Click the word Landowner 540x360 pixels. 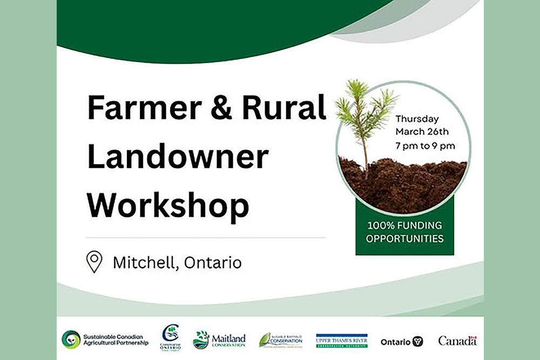[x=178, y=157]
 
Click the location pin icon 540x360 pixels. [x=94, y=262]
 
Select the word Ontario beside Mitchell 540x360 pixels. [x=213, y=263]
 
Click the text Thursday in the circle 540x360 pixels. [x=417, y=119]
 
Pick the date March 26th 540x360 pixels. [x=422, y=132]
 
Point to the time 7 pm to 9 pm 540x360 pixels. [x=425, y=145]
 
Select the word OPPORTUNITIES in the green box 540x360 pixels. [x=404, y=238]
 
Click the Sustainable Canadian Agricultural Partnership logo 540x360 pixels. [x=105, y=339]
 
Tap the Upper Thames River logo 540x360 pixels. [x=342, y=340]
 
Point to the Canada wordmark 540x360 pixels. [x=457, y=341]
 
